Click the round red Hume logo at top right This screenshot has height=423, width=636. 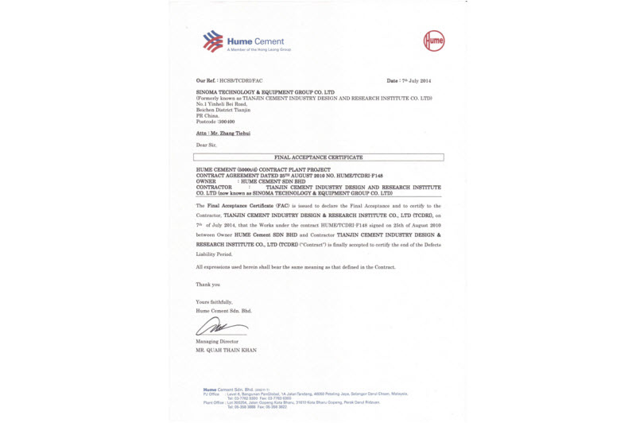click(x=432, y=41)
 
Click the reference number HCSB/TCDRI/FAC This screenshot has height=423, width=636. click(x=239, y=81)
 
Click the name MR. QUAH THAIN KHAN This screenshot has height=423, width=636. click(x=227, y=350)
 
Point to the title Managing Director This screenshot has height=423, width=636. click(x=216, y=342)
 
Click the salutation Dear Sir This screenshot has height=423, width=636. click(x=206, y=146)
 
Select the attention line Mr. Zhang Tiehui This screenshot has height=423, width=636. click(x=223, y=134)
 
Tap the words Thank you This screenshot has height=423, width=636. click(x=207, y=284)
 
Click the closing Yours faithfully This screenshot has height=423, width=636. click(x=215, y=302)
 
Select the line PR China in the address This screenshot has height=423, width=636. click(x=207, y=115)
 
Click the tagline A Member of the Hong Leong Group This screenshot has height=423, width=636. click(x=259, y=49)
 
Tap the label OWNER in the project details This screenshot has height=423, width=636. click(x=207, y=181)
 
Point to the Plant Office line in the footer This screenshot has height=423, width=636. click(x=302, y=403)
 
